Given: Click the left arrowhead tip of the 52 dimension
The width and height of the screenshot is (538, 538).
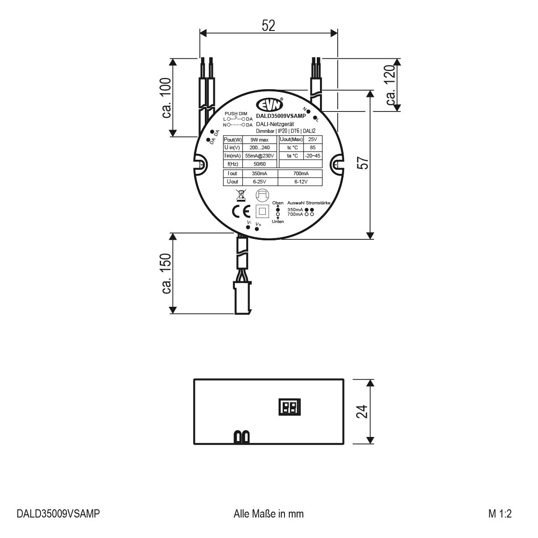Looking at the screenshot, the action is coord(200,33).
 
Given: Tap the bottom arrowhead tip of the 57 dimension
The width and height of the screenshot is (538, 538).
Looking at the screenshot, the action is coord(370,239).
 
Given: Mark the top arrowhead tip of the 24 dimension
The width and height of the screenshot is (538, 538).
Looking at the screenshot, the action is coord(370,380).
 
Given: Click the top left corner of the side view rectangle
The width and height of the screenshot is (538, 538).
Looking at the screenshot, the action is coord(194,380).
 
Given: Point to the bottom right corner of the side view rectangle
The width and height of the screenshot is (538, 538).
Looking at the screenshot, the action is coord(344,444).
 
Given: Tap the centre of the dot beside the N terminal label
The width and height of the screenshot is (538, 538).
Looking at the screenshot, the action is coord(309,112).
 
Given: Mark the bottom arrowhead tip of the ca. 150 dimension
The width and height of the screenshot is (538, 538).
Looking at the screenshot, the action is coord(173,313).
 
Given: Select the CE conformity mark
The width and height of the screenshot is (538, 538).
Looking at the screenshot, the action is coord(241,212).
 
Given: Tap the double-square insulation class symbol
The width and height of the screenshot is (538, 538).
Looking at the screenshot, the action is coord(263,211).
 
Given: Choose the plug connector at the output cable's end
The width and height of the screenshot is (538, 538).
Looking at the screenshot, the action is coord(243,297).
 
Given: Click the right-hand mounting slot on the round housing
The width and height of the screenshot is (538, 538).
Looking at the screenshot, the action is coord(337,165).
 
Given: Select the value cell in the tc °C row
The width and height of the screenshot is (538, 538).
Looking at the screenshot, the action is coord(313,147).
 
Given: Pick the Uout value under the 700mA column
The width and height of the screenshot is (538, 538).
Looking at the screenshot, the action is coord(300,182).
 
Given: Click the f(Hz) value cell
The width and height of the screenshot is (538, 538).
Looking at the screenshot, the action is coord(259,164).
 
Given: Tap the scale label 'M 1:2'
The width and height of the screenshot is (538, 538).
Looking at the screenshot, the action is coord(500,513).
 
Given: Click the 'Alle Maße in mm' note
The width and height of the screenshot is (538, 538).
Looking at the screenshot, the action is coord(269,513).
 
